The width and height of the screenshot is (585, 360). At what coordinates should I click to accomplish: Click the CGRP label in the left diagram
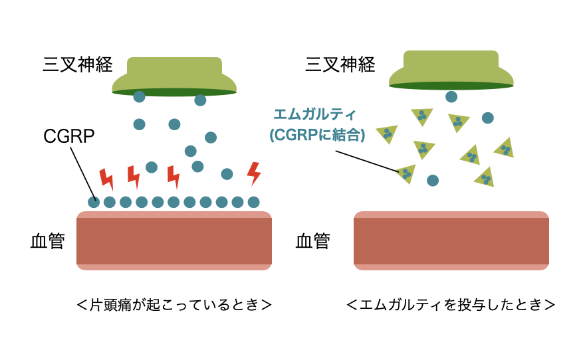(69, 136)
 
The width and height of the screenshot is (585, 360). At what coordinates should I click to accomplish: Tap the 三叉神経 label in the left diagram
(77, 64)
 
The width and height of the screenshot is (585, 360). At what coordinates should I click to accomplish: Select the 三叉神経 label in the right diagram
(340, 64)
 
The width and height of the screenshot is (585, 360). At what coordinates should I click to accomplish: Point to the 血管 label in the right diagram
(312, 240)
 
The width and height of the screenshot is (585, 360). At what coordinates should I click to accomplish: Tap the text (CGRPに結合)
(317, 135)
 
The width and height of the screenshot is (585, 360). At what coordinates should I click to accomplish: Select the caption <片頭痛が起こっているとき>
(174, 305)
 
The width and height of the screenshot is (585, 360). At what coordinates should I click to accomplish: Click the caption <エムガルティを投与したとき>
(451, 305)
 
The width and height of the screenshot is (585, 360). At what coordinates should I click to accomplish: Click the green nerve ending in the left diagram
(174, 76)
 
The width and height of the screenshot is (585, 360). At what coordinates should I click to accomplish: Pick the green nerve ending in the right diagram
(451, 70)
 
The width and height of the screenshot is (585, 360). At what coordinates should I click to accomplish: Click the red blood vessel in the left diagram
(174, 240)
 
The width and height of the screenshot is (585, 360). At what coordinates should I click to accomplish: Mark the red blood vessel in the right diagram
(451, 240)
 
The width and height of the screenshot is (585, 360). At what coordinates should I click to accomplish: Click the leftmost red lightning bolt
(106, 179)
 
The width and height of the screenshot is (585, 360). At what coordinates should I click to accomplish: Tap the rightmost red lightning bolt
(253, 173)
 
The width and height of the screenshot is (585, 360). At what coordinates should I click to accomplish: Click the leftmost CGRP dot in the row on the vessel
(94, 202)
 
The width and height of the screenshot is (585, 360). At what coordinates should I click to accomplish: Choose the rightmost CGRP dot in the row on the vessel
(253, 202)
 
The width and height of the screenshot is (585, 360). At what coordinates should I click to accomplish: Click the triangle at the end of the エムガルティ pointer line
(406, 173)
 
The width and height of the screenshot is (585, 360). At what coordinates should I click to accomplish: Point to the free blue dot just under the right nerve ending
(451, 96)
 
